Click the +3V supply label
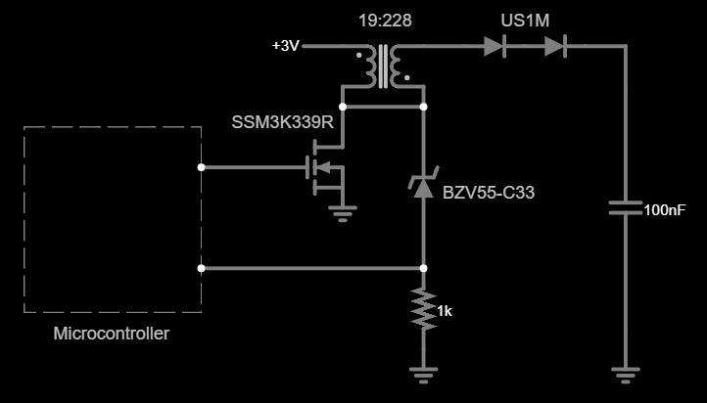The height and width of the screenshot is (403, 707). pyautogui.click(x=285, y=46)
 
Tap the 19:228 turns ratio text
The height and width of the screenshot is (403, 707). pyautogui.click(x=384, y=20)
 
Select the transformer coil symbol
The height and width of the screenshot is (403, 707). pyautogui.click(x=384, y=66)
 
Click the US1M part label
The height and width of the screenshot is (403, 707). pyautogui.click(x=524, y=20)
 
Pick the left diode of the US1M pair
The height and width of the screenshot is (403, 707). pyautogui.click(x=495, y=45)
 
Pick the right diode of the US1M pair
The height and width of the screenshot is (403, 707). pyautogui.click(x=556, y=45)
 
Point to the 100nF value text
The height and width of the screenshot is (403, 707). pyautogui.click(x=664, y=209)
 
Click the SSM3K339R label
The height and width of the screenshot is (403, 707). pyautogui.click(x=283, y=122)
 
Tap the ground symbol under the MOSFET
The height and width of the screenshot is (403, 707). pyautogui.click(x=342, y=213)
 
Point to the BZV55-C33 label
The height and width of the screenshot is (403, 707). pyautogui.click(x=489, y=192)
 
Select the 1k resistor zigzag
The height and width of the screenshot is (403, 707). pyautogui.click(x=423, y=309)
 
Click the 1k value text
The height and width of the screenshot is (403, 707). pyautogui.click(x=445, y=311)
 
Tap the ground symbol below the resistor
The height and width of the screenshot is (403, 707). pyautogui.click(x=423, y=372)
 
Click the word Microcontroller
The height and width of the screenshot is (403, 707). pyautogui.click(x=111, y=334)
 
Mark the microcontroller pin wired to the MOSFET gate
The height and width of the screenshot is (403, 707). pyautogui.click(x=201, y=167)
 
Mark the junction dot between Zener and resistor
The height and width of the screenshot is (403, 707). pyautogui.click(x=423, y=267)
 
